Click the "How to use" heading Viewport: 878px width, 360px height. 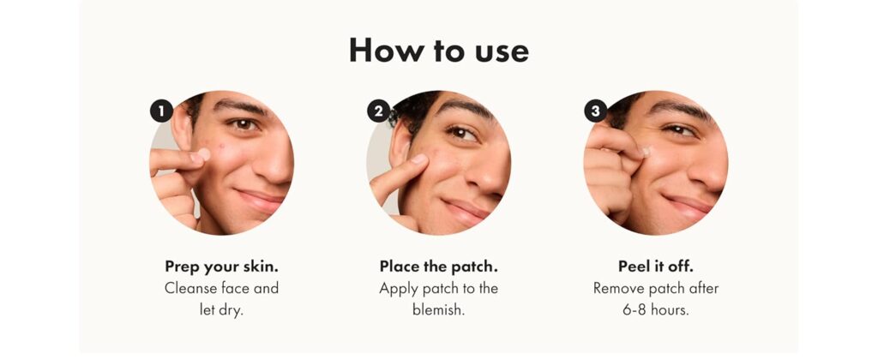coord(438,51)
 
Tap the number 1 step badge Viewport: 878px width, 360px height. coord(160,111)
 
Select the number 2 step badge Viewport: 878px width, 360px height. coord(378,111)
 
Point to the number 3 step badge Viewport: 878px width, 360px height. coord(595,111)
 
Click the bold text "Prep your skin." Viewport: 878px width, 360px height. coord(221,266)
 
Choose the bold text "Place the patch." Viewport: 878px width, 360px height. coord(438,266)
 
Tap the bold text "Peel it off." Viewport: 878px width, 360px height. coord(656,266)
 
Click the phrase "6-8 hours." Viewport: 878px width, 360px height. coord(656,310)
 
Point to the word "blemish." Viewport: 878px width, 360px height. coord(438,310)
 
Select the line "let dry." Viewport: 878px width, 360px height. coord(221,310)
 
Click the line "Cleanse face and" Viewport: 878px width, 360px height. coord(221,288)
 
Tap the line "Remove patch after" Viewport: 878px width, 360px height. coord(656,288)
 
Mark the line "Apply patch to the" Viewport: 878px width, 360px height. coord(438,288)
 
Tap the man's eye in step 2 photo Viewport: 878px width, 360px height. coord(461,133)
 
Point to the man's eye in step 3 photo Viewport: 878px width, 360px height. coord(681,130)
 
